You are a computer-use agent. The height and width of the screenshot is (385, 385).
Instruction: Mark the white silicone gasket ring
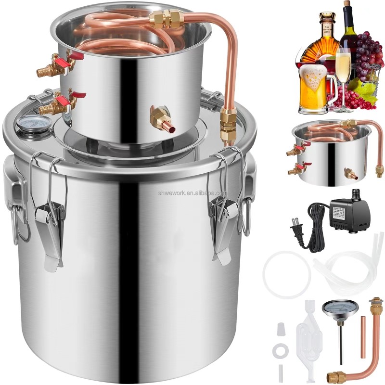point(285,277)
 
